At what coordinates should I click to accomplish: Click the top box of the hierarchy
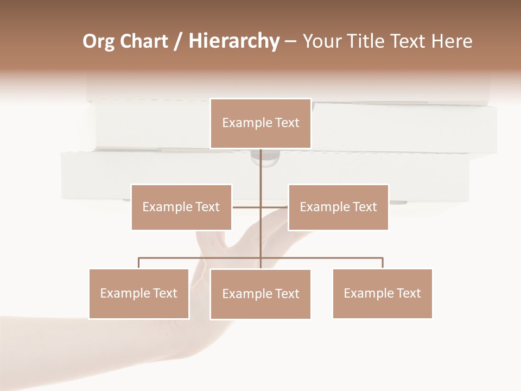point(260,123)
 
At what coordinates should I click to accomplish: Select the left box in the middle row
point(181,207)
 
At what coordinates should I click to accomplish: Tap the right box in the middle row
point(338,207)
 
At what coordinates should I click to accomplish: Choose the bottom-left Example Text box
point(139,293)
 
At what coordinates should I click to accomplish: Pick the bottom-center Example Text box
point(260,294)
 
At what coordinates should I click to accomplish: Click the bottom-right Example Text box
point(382,293)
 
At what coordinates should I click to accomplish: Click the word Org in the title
point(98,41)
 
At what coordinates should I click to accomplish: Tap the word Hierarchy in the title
point(233,41)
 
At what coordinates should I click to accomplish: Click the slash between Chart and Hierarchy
point(178,41)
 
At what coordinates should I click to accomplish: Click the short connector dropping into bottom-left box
point(139,263)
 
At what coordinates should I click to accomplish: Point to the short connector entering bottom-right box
point(383,263)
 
